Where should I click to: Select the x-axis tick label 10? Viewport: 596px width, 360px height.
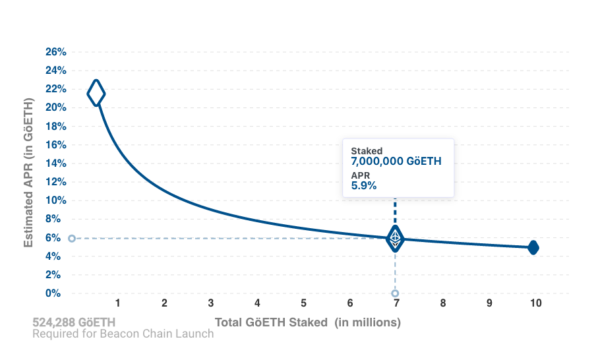(x=535, y=303)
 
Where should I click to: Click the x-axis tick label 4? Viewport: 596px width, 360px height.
(x=257, y=303)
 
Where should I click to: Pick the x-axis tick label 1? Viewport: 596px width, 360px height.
(x=117, y=303)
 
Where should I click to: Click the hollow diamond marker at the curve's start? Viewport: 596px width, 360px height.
(x=96, y=93)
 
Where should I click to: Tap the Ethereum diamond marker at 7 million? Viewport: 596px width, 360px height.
(x=395, y=238)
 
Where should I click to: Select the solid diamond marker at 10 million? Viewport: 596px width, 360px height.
(x=533, y=248)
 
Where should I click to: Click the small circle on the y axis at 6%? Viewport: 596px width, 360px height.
(x=71, y=238)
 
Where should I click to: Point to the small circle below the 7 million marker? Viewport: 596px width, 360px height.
(x=395, y=293)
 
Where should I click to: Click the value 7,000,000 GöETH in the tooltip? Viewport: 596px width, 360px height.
(x=396, y=162)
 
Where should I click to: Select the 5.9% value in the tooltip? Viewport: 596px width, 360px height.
(x=363, y=186)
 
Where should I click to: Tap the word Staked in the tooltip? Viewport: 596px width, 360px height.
(x=366, y=151)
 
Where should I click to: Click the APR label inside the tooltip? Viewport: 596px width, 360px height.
(x=360, y=175)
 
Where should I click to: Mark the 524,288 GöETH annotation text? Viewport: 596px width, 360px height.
(x=74, y=322)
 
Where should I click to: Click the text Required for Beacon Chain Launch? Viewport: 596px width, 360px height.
(x=123, y=334)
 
